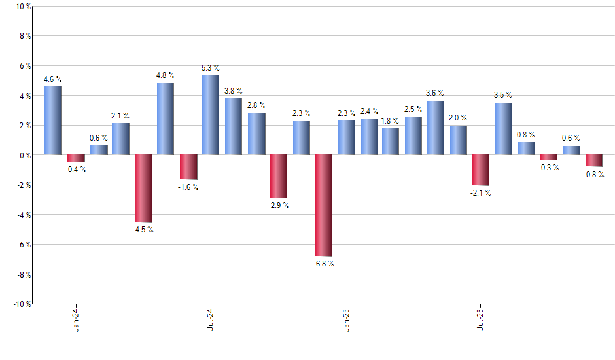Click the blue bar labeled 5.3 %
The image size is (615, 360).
tap(210, 115)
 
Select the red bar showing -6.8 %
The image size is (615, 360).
tap(323, 205)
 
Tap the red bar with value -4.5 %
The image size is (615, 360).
tap(143, 189)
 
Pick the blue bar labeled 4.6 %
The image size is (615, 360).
tap(53, 120)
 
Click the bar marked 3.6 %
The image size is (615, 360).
tap(435, 128)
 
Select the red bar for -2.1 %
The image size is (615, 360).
tap(480, 170)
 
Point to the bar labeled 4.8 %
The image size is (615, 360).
tap(165, 119)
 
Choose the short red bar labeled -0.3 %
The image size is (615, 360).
tap(548, 157)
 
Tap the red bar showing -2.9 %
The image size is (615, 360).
tap(278, 176)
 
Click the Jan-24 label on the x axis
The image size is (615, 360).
tap(76, 317)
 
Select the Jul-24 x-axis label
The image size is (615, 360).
tap(211, 317)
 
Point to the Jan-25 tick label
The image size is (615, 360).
tap(346, 317)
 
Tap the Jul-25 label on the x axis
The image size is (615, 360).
tap(481, 317)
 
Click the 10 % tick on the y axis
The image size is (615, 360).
tap(23, 7)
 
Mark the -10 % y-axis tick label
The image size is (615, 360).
tap(22, 304)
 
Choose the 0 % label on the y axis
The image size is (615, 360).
tap(25, 155)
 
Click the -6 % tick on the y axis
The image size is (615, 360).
tap(24, 244)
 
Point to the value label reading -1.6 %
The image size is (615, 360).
tap(188, 187)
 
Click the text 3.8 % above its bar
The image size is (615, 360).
tap(233, 91)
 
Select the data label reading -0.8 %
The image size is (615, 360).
tap(593, 174)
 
